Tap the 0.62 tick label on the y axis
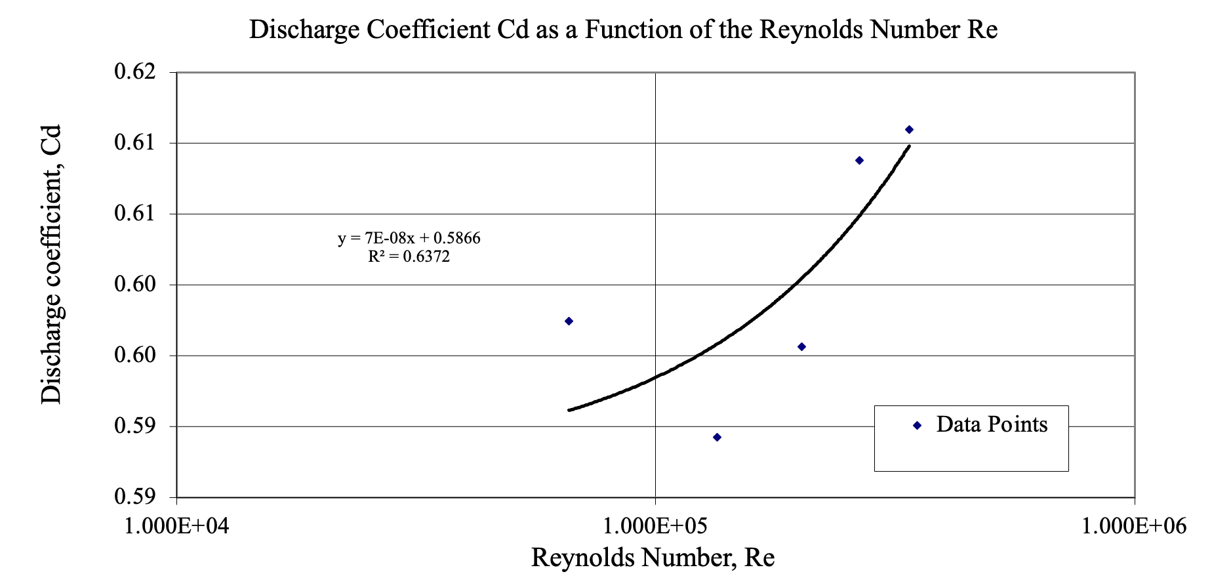[x=136, y=72]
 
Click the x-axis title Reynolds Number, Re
[x=653, y=558]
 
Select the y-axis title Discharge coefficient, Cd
[x=51, y=264]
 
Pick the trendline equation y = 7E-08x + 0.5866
[x=409, y=238]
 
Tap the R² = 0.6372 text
[x=409, y=257]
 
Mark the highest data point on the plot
[x=909, y=130]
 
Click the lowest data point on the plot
[x=717, y=438]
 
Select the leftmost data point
[x=569, y=321]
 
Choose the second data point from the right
[x=859, y=161]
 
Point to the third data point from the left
[x=801, y=346]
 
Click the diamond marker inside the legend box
[x=917, y=426]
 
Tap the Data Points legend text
[x=992, y=424]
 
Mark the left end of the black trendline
[x=569, y=410]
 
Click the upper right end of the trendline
[x=909, y=146]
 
